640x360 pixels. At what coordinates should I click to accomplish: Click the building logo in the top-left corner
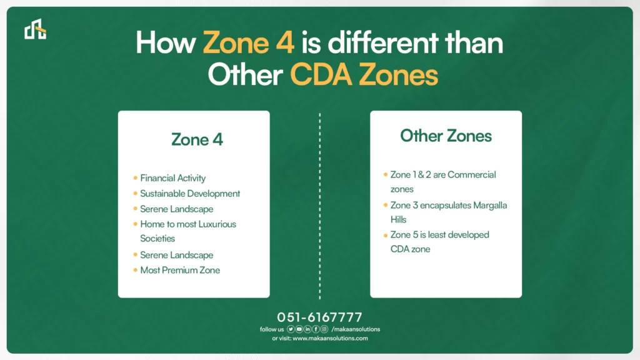pos(35,29)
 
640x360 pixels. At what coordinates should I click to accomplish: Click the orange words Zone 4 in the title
pos(249,42)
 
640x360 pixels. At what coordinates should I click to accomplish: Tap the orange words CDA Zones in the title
pos(364,75)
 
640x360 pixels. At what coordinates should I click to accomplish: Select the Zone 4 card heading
pos(197,139)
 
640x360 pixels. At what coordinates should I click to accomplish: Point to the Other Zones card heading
pos(446,136)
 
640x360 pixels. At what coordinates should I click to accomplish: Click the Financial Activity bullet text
pos(172,178)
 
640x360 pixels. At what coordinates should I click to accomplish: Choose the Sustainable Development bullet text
pos(190,194)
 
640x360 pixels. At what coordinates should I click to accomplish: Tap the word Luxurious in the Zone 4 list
pos(217,224)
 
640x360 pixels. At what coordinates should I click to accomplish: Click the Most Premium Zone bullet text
pos(180,270)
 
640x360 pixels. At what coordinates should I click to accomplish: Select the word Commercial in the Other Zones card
pos(472,175)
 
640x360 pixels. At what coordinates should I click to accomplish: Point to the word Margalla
pos(490,205)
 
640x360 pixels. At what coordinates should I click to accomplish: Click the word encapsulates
pos(446,205)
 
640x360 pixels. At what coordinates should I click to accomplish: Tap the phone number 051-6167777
pos(319,317)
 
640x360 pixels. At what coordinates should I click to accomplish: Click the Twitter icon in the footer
pos(291,329)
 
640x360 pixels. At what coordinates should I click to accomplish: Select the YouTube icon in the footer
pos(299,329)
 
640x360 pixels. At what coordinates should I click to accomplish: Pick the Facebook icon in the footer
pos(316,329)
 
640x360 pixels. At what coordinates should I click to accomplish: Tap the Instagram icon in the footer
pos(324,329)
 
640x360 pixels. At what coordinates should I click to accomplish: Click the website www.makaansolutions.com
pos(330,338)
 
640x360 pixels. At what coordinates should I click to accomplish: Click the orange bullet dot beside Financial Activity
pos(135,178)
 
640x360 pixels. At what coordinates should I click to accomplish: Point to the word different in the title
pos(383,42)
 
